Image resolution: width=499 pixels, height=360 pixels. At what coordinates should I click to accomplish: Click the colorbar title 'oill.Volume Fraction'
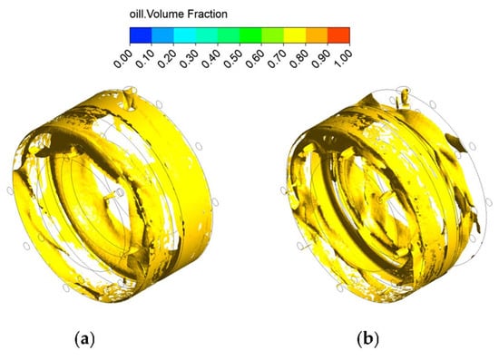coord(178,14)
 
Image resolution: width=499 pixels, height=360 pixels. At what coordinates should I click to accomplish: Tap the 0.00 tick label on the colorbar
coord(123,58)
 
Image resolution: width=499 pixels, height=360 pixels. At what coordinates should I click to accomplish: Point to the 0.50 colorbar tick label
coord(233,58)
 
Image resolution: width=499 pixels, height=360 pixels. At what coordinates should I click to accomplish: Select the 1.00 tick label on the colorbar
coord(343,58)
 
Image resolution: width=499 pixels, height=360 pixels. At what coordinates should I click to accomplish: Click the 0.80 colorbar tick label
coord(299,58)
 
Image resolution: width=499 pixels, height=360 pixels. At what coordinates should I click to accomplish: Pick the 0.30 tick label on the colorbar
coord(189,58)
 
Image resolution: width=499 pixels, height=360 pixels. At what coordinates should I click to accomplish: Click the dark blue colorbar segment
coord(141,35)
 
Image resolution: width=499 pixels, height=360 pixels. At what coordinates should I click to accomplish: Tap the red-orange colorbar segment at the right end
coord(338,35)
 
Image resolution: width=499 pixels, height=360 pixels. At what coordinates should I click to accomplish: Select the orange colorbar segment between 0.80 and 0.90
coord(317,35)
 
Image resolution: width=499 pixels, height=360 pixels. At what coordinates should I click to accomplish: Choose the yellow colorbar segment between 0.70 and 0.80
coord(295,35)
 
